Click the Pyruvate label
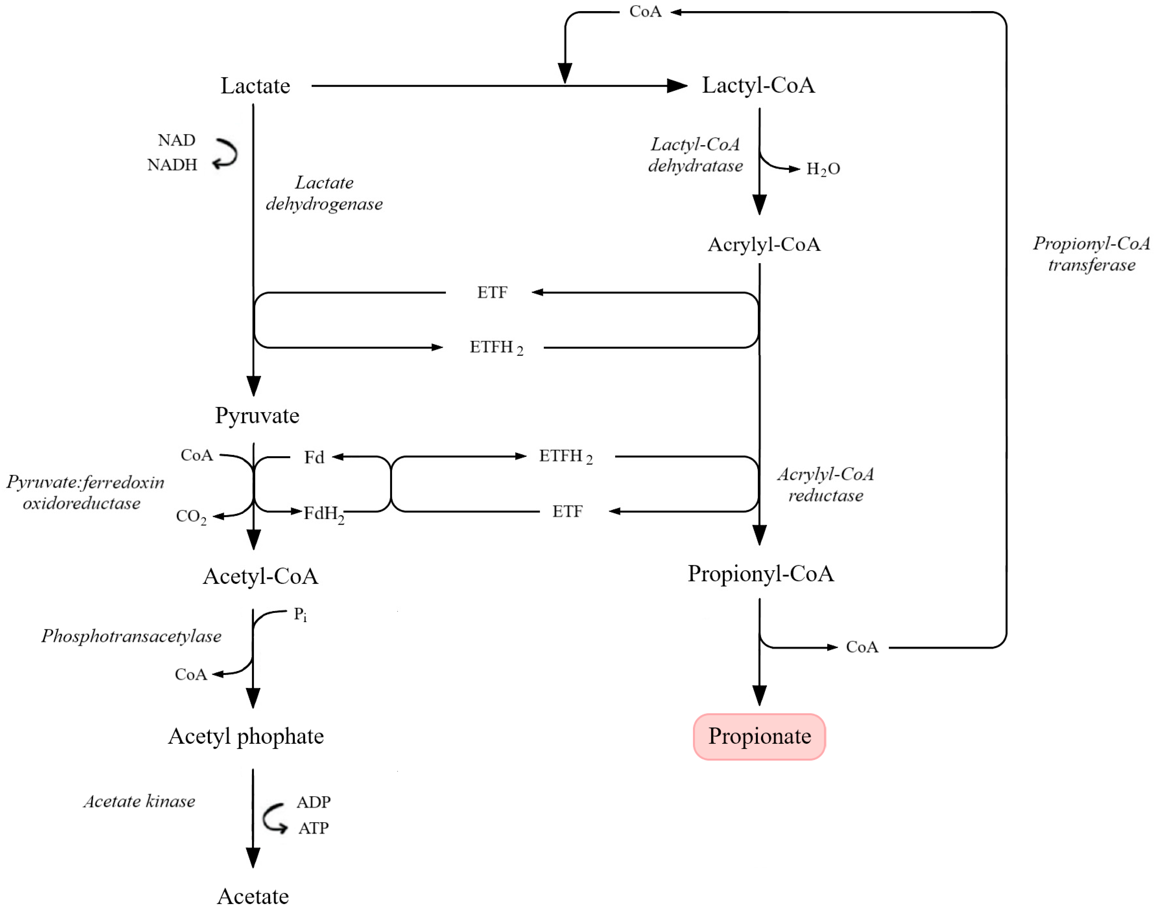coord(257,415)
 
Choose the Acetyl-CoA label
coord(260,576)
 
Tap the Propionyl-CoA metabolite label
coord(760,574)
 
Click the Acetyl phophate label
coord(246,736)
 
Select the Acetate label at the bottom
coord(253,896)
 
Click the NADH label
coord(172,165)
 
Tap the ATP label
coord(313,828)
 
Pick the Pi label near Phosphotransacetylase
coord(300,615)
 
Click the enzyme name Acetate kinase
coord(139,802)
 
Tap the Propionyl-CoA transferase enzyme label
coord(1090,254)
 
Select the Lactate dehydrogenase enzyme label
coord(324,193)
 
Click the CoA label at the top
coord(645,12)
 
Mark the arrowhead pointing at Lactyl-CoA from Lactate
coord(677,86)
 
